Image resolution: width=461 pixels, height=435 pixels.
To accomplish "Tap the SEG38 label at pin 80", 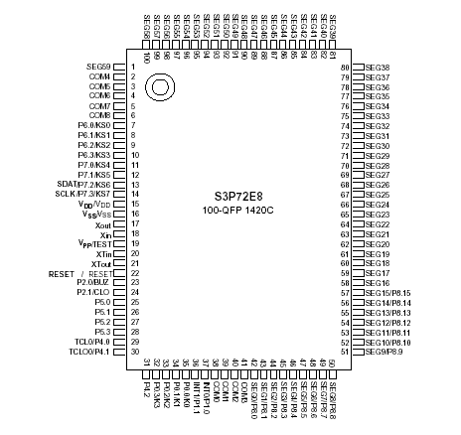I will point(378,68).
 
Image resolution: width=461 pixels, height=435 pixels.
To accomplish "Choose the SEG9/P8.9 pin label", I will point(384,352).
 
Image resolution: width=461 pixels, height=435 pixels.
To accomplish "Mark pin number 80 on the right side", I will point(346,68).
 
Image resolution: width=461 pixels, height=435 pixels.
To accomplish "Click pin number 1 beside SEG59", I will point(132,67).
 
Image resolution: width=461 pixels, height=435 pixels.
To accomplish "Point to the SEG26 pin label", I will point(378,186).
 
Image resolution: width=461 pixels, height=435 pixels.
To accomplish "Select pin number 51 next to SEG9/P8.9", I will point(346,352).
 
